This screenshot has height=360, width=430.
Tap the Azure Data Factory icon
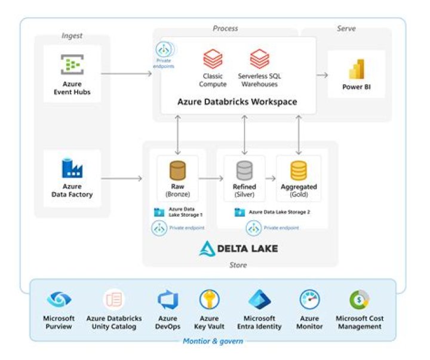click(72, 168)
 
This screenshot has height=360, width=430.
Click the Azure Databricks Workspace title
click(237, 101)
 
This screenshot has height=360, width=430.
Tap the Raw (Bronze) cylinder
click(177, 171)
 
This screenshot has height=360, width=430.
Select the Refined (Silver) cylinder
click(244, 171)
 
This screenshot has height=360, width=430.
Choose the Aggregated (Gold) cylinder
click(299, 171)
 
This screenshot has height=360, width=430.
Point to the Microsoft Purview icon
click(59, 300)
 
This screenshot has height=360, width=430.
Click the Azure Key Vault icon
click(209, 300)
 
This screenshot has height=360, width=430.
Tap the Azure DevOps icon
click(168, 300)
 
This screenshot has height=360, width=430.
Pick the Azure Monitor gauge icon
click(309, 300)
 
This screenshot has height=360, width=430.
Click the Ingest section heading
click(72, 36)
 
